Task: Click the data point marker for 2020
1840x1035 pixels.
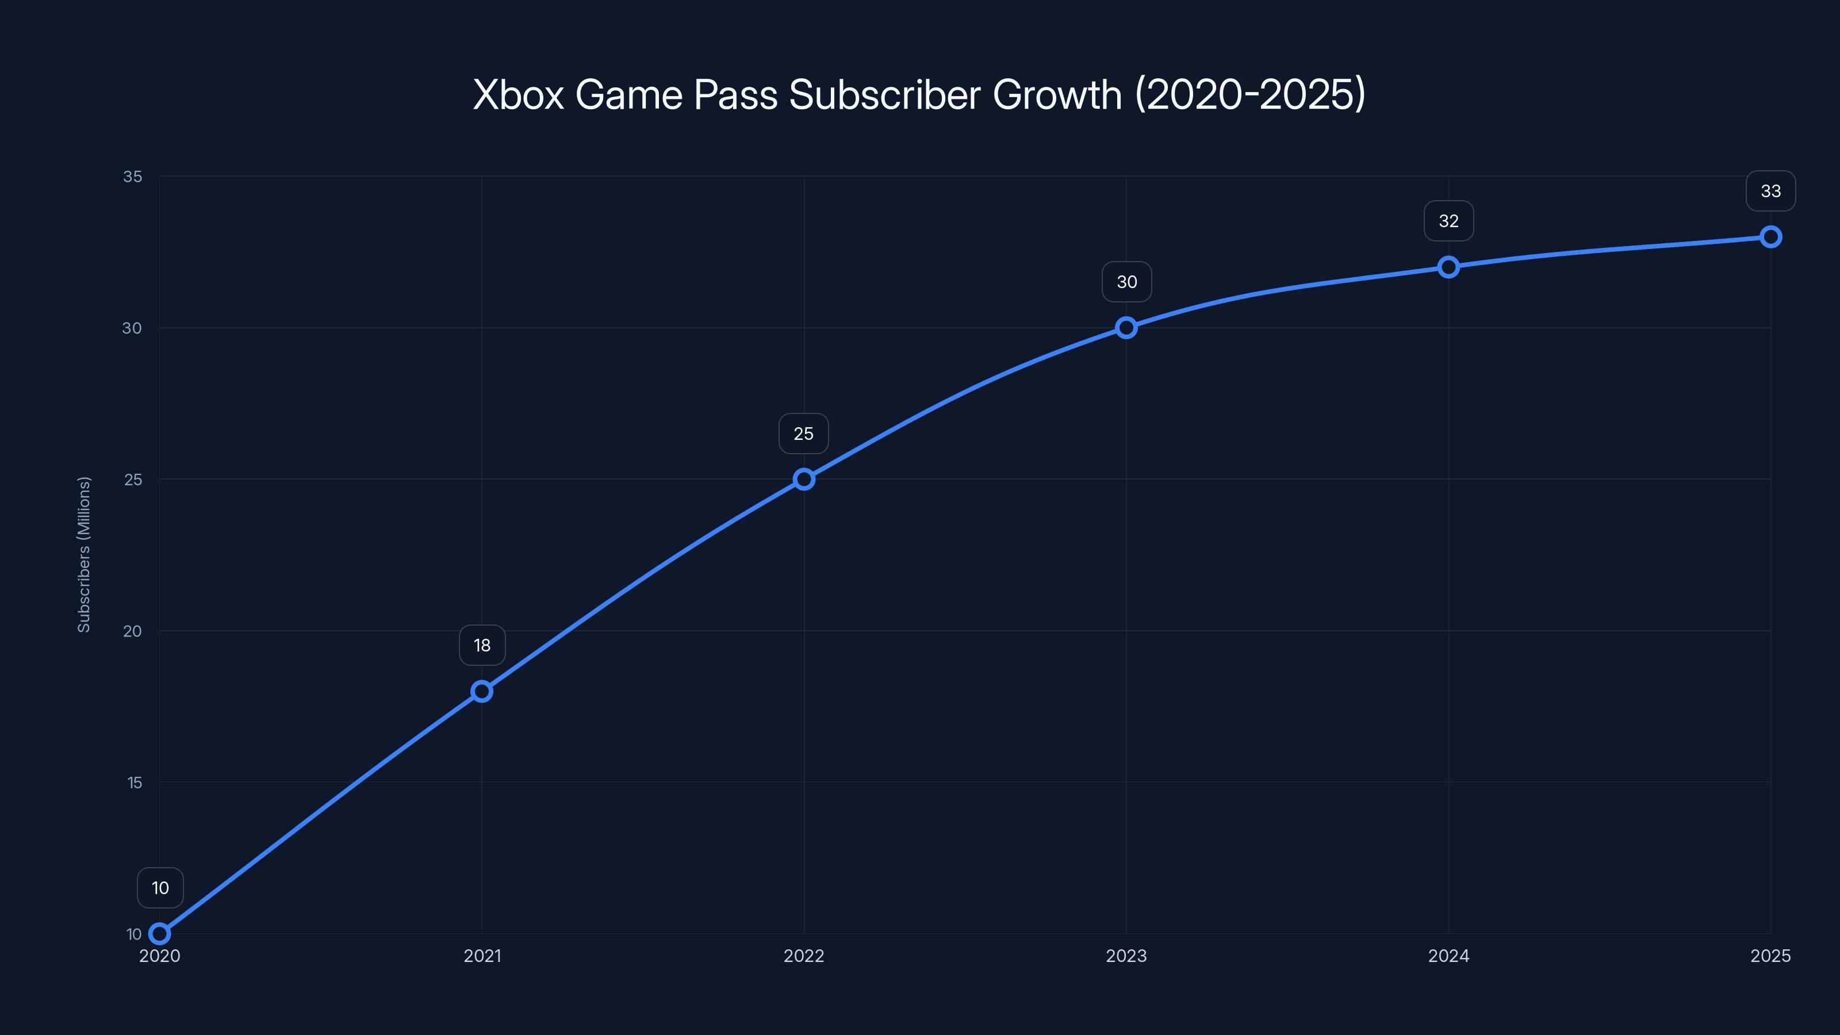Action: click(160, 934)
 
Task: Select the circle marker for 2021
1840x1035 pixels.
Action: click(482, 691)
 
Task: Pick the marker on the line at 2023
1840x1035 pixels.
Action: click(1126, 328)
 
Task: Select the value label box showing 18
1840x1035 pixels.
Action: click(482, 645)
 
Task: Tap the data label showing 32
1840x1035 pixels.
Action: click(1448, 221)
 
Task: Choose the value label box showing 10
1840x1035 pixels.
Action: click(160, 888)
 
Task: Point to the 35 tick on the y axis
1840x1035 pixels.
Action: click(133, 177)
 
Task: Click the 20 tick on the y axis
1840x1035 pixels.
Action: click(133, 631)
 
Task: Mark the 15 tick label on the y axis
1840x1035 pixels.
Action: click(135, 783)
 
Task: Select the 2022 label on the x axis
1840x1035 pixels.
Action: click(804, 956)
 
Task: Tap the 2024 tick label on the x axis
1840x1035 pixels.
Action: click(1448, 956)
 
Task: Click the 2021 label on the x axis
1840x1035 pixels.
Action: click(482, 956)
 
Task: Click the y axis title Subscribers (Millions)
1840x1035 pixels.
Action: click(83, 554)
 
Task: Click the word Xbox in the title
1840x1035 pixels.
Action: click(519, 94)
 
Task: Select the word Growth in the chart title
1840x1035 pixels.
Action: click(1057, 94)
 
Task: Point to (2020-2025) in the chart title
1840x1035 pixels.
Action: click(1250, 94)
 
